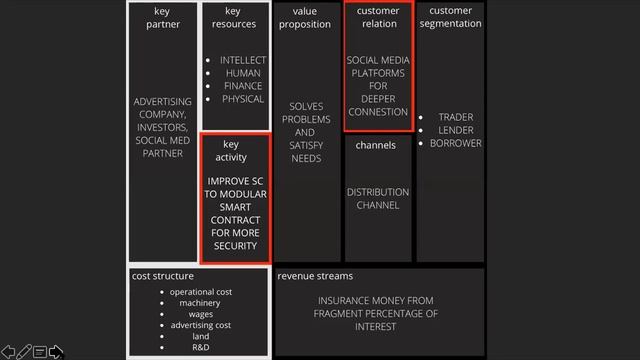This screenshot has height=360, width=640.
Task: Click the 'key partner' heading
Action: click(162, 18)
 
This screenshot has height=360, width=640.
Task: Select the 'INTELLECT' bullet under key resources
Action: click(243, 60)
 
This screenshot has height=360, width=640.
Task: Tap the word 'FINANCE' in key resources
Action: click(243, 86)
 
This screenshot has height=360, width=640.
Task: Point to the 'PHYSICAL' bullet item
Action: click(243, 99)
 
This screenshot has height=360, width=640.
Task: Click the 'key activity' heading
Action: click(231, 151)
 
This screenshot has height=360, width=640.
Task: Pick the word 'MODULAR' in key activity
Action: click(236, 194)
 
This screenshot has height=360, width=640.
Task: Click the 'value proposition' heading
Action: click(305, 18)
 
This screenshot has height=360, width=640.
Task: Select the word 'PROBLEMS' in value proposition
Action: click(306, 120)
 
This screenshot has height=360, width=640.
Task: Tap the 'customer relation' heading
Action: click(377, 18)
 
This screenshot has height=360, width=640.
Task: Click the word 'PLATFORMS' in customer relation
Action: click(378, 73)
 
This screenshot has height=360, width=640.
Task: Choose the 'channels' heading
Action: click(375, 145)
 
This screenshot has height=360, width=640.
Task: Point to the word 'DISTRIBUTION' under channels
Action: click(378, 192)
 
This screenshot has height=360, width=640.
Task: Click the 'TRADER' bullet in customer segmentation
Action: click(455, 117)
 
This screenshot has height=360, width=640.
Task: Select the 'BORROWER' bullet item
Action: click(455, 143)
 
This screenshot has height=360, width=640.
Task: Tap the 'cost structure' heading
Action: click(163, 275)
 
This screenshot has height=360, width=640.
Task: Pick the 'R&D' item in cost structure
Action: click(200, 347)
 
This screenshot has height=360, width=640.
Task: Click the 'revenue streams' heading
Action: click(315, 275)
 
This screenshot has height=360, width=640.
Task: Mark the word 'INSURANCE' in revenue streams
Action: click(348, 300)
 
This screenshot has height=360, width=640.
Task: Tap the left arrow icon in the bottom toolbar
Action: click(8, 352)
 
